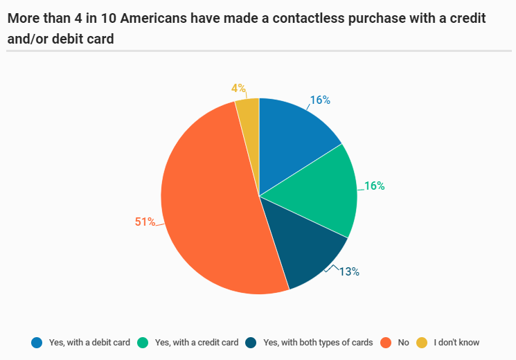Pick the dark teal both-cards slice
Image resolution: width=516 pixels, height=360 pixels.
click(305, 249)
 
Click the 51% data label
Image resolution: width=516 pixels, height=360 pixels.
click(144, 222)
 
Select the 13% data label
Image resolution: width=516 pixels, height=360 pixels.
click(349, 272)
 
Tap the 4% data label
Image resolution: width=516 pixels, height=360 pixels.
click(238, 89)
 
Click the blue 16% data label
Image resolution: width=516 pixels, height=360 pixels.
click(320, 100)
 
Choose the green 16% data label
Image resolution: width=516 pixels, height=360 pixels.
click(375, 186)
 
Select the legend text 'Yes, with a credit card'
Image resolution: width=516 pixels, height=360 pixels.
click(197, 342)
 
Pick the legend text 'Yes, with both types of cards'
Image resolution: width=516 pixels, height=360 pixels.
click(318, 342)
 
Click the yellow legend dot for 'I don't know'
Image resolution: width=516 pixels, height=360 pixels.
click(422, 342)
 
